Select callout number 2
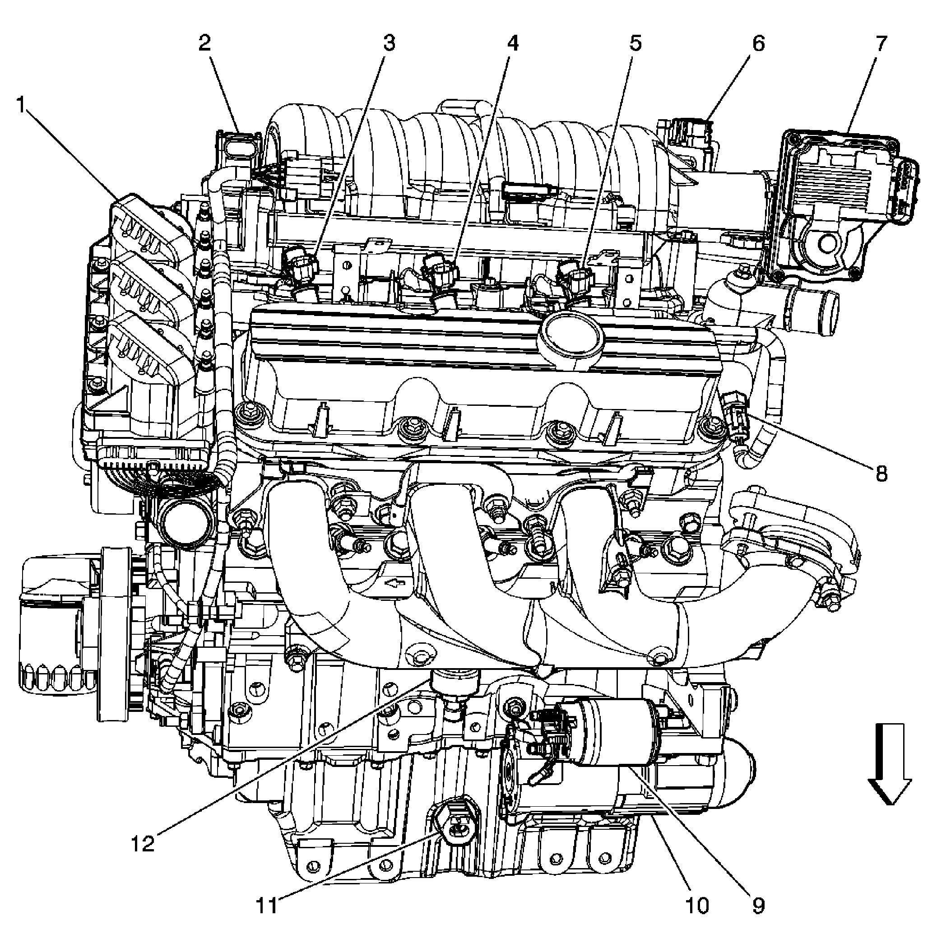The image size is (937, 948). pos(204,44)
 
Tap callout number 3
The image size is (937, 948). pos(389,44)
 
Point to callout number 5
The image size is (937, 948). pos(635,44)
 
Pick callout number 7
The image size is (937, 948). pos(881,44)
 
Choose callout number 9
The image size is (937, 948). pos(758,905)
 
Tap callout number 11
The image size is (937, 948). pos(267,905)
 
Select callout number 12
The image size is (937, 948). pos(143,844)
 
